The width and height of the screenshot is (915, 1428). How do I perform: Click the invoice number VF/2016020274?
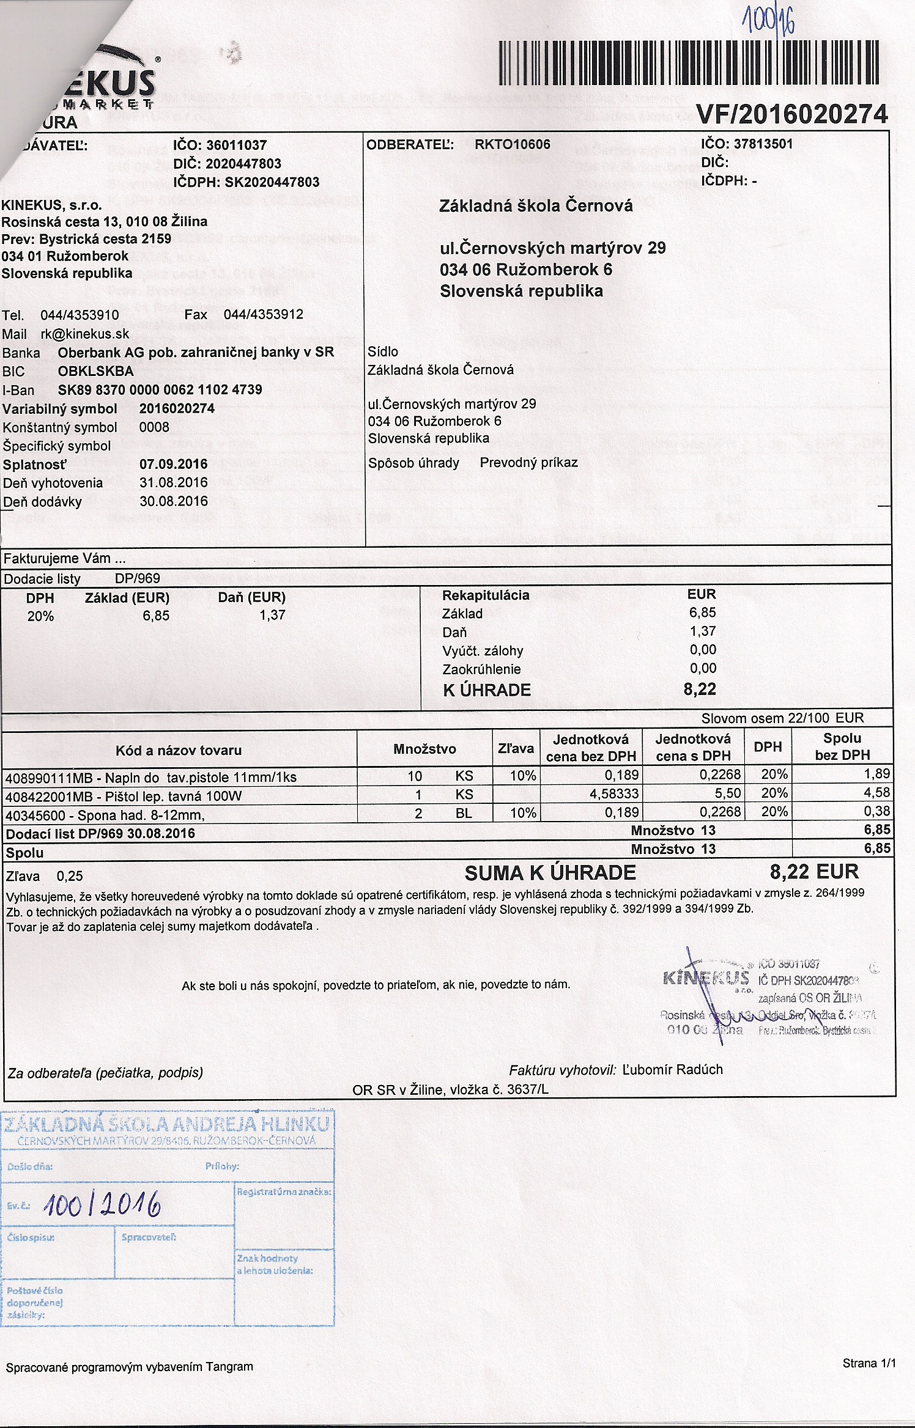tap(791, 114)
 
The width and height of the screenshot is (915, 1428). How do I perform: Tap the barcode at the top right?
tap(689, 62)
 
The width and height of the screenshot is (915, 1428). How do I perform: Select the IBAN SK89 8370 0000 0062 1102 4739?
tap(160, 390)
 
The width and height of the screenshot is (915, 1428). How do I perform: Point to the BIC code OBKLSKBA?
tap(95, 371)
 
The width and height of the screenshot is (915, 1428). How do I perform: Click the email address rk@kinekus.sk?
tap(84, 334)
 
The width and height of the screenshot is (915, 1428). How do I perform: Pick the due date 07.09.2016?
tap(173, 464)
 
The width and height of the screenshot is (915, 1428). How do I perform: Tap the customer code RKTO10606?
tap(512, 144)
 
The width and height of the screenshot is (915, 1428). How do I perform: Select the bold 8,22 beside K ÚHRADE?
tap(700, 690)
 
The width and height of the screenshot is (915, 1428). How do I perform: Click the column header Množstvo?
tap(424, 749)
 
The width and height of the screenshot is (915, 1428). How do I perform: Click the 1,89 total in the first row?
tap(876, 774)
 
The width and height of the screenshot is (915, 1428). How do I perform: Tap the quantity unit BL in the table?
tap(464, 813)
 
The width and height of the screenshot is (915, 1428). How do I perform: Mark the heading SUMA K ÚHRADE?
tap(550, 873)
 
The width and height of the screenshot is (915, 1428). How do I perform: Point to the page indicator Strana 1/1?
tap(869, 1363)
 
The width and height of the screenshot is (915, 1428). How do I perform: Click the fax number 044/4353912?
tap(263, 315)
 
